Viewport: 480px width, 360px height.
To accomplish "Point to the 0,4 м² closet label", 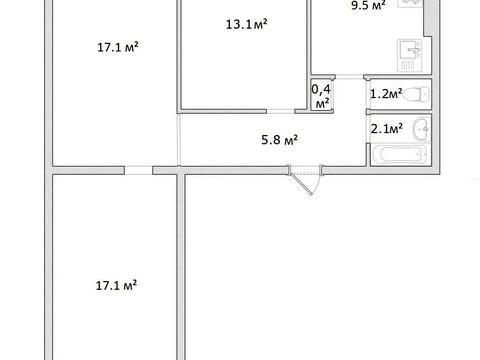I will coord(322,96).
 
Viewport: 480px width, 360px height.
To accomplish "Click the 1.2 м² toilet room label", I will coord(386,95).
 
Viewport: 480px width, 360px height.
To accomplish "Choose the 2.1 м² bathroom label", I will coord(386,128).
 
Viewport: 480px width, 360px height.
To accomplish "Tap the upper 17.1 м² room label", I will coord(117,48).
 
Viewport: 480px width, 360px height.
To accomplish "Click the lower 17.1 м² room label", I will coord(117,285).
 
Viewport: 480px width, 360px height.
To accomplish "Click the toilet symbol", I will coord(421,95).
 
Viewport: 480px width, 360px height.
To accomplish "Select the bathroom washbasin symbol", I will coord(421,128).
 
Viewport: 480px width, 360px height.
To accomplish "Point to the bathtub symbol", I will coord(399,157).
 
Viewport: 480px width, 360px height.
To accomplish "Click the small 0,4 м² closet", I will coord(322,96).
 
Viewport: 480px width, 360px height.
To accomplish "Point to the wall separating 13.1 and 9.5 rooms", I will coord(308,40).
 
